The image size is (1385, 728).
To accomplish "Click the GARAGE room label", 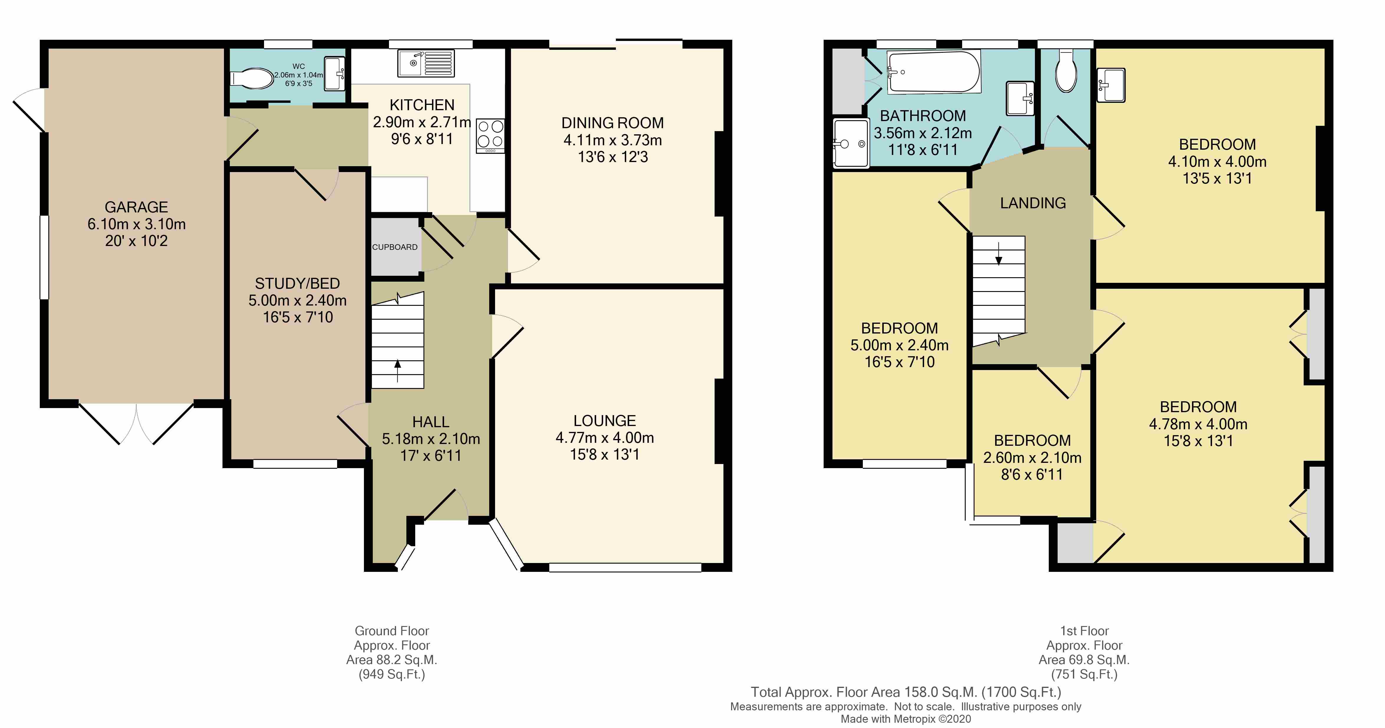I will tap(136, 207).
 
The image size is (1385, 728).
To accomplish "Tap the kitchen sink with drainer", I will tap(425, 63).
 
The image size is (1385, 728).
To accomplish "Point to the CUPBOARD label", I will tap(395, 247).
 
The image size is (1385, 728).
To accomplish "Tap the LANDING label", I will tap(1032, 203).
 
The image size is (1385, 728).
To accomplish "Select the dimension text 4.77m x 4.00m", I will tap(604, 438).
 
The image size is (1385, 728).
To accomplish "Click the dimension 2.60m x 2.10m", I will tap(1032, 458).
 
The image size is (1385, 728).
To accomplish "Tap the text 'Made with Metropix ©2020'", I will tap(906, 719).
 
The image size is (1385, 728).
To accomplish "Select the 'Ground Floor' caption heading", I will tap(391, 631).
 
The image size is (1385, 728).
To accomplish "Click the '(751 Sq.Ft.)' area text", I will tap(1084, 674).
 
